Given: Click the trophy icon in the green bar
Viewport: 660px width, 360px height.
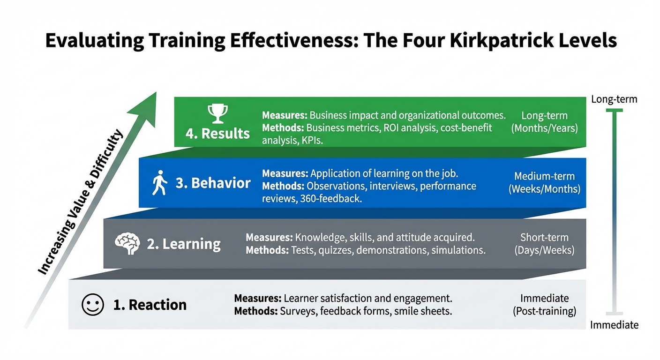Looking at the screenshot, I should coord(217,114).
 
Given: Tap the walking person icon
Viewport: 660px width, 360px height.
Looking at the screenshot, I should coord(159,183).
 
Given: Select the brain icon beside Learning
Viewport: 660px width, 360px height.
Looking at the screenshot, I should coord(127,244).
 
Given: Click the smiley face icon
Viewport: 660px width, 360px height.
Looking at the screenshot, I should coord(92,305).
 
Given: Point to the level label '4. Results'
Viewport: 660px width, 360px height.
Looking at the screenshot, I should coord(217,133).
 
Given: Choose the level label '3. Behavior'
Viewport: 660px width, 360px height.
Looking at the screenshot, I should coord(213,183).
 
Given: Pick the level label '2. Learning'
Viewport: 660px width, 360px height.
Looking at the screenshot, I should coord(183,244).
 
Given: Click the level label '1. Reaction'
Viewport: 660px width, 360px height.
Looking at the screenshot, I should coord(150,305).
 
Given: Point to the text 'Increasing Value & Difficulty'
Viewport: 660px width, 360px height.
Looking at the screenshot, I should coord(80,202).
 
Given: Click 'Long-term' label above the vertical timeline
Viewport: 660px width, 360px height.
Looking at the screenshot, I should coord(614,99).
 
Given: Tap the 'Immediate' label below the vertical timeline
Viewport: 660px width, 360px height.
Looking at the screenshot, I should coord(614,325).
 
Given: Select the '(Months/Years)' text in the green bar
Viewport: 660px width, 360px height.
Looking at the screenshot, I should coord(544,127).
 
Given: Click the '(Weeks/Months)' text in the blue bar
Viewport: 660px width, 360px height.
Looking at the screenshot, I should coord(544,189).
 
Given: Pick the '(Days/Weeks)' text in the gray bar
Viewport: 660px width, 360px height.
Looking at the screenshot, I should coord(544,250).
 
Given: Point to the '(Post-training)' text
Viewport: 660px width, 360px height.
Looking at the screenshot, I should coord(544,311).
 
